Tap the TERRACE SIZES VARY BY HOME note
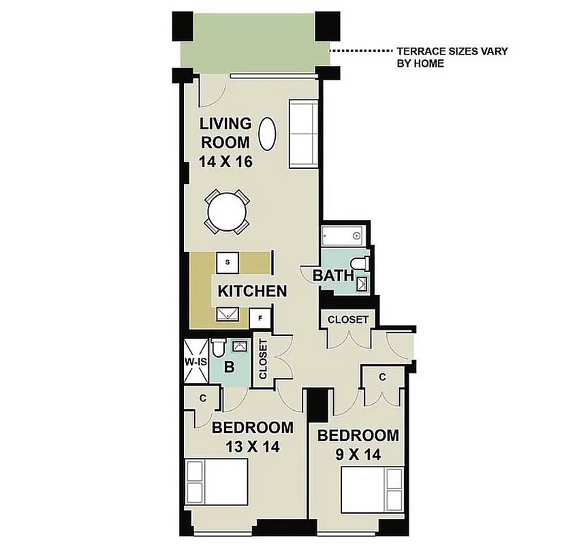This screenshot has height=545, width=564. (452, 57)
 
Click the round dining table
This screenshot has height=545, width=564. (227, 213)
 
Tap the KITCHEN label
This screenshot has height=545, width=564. (252, 292)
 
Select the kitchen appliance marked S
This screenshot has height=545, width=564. (228, 262)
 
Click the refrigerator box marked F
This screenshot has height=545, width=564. (260, 319)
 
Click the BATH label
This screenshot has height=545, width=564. (334, 276)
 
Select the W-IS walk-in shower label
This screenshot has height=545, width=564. (195, 362)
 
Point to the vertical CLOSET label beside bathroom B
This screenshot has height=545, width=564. (263, 359)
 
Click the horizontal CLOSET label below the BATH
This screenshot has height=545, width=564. (348, 320)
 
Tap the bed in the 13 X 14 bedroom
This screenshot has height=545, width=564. (217, 481)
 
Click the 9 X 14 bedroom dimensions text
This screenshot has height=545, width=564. (358, 452)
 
